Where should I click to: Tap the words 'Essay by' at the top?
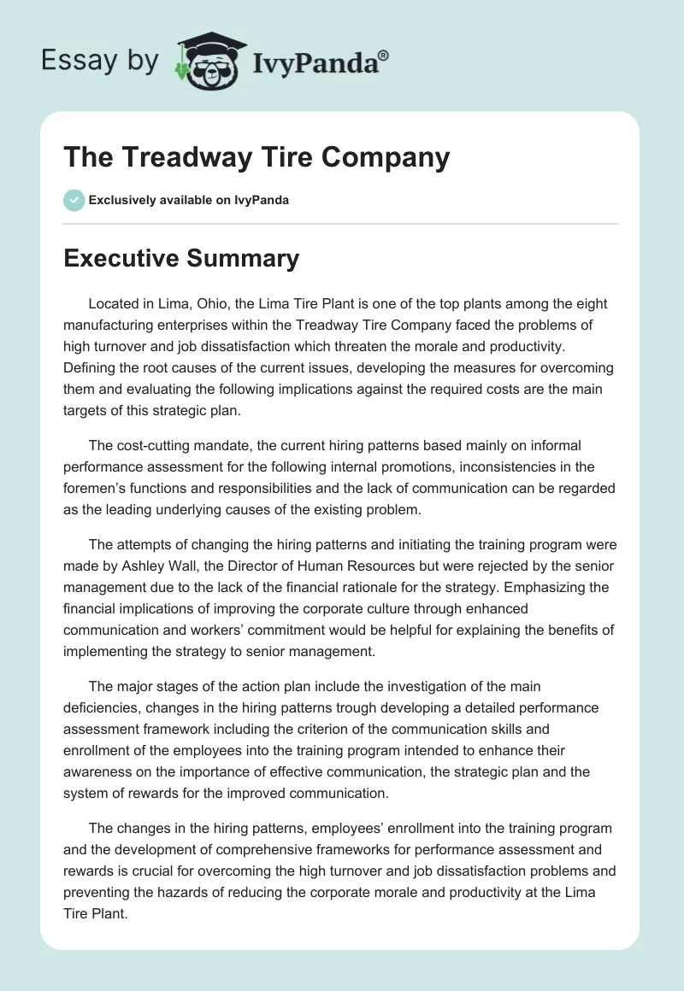pos(99,60)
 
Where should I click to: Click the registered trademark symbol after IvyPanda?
pos(384,54)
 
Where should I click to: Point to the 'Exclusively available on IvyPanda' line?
pos(188,200)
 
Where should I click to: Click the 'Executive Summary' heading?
pos(181,258)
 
